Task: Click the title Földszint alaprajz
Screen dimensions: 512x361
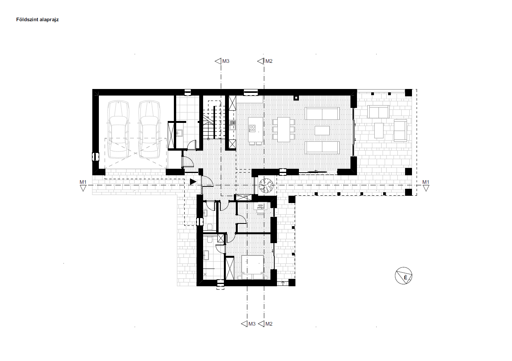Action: coord(37,20)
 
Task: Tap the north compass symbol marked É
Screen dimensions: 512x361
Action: coord(404,275)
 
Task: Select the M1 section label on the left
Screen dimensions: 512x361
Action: coord(83,182)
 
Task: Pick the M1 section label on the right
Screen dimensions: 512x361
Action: coord(425,182)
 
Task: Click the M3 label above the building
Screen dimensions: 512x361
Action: coord(226,61)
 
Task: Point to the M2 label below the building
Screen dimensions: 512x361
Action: coord(269,324)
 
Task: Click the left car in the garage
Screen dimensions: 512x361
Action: coord(118,129)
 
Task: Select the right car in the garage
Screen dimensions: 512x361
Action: coord(149,129)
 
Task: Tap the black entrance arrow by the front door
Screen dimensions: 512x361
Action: coord(193,182)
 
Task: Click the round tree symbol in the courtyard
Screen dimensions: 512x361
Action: coord(266,185)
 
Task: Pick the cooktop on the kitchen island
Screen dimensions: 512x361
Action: coord(252,128)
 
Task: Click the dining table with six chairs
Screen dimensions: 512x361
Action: coord(284,129)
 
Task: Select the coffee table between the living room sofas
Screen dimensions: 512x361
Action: coord(322,131)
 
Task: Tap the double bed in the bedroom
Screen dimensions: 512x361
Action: coord(253,267)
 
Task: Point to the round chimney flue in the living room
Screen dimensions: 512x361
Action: coord(296,98)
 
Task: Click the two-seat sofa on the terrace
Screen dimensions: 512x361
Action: coord(378,112)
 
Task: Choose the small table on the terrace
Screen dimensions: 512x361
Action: coord(379,131)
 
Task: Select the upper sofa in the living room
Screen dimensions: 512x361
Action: coord(322,114)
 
